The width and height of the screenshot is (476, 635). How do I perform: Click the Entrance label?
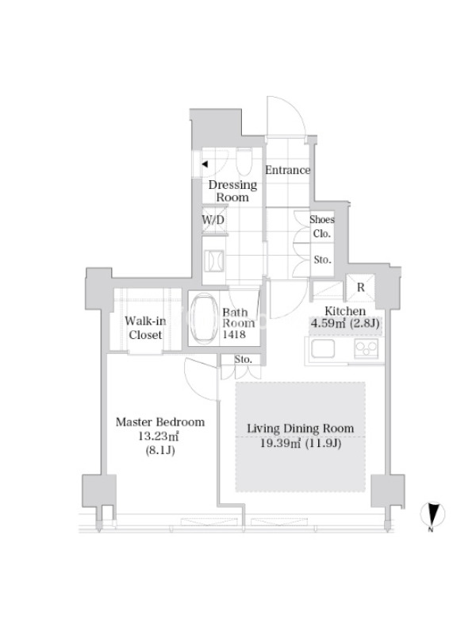pos(287,170)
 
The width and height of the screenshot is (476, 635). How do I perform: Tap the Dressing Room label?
pos(232,191)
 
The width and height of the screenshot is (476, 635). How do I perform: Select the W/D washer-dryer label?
pos(213,221)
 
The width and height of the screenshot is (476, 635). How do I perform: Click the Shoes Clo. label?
pos(322,226)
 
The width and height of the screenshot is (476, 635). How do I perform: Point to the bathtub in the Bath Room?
pos(204,320)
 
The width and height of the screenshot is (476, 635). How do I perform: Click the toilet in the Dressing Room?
pos(244,161)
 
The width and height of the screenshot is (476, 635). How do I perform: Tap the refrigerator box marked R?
pos(361,288)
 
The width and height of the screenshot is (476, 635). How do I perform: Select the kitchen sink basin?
pos(323,348)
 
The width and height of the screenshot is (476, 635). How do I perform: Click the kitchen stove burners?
pos(367,348)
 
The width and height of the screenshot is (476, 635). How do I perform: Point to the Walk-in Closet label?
pos(145,328)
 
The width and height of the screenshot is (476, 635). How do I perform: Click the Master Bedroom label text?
pos(160,422)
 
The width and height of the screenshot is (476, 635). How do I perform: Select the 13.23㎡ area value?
pos(159,436)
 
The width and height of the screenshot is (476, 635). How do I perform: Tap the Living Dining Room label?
pos(301,429)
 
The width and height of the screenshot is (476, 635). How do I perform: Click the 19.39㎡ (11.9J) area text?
pos(301,444)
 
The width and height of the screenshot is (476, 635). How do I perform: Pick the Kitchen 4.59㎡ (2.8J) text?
pos(345,317)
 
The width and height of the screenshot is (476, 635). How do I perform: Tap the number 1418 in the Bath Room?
pos(234,334)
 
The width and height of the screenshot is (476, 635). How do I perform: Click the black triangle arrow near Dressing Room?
pos(205,164)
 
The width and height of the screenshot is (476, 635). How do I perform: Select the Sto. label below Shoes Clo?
pos(323,260)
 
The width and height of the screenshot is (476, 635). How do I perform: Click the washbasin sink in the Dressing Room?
pos(214,260)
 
